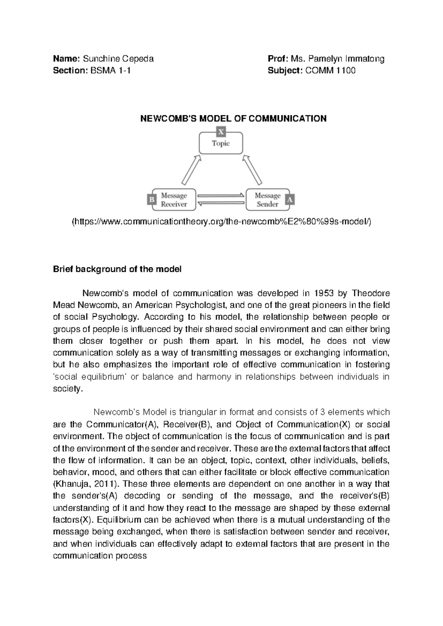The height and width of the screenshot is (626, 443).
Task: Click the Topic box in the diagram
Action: (x=221, y=143)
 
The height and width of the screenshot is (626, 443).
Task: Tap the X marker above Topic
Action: (x=221, y=131)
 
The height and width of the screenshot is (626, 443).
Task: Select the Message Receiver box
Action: (x=174, y=200)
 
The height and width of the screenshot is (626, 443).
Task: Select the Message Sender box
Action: (x=267, y=200)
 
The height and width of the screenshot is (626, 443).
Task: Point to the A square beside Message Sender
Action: (x=290, y=200)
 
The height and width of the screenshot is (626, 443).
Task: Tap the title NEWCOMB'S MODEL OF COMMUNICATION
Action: (x=232, y=118)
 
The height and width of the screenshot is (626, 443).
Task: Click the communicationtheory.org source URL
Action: (x=221, y=221)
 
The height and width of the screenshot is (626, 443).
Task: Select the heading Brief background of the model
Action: (x=117, y=269)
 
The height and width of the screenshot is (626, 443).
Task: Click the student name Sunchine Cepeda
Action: (x=118, y=59)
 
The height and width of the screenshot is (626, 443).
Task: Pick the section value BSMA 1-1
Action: (x=108, y=70)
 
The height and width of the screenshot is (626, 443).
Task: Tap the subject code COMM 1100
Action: (x=330, y=70)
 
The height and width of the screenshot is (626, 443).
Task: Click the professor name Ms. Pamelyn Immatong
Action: (x=337, y=59)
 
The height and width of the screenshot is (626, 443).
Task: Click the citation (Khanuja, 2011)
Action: (x=86, y=484)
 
